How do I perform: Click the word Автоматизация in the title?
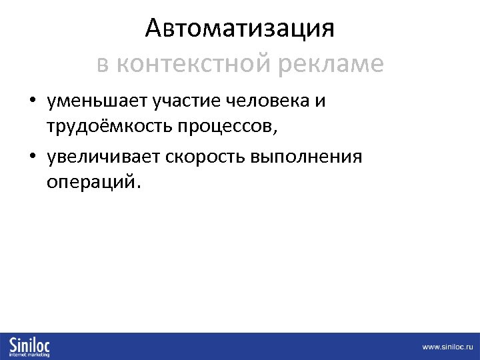click(x=239, y=29)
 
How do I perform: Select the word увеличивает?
click(x=105, y=157)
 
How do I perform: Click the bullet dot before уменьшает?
click(x=32, y=102)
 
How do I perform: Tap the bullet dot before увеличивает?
click(x=32, y=158)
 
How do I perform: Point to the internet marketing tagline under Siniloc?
click(x=30, y=354)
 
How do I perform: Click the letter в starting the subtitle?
click(x=102, y=64)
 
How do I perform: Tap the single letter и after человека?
click(x=320, y=101)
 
